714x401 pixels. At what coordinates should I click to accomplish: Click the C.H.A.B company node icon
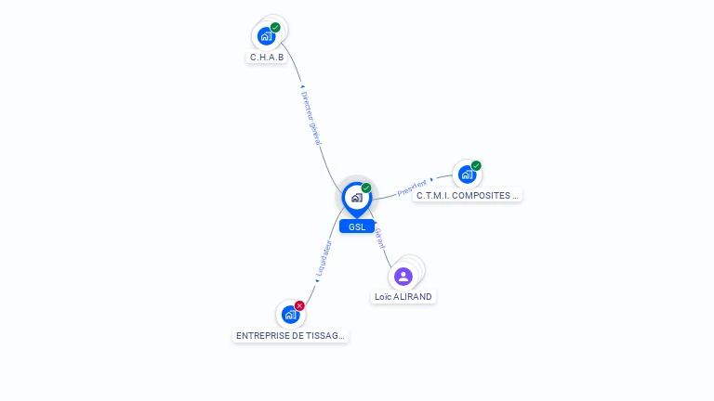click(x=266, y=37)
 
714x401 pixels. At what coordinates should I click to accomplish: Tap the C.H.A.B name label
click(x=267, y=58)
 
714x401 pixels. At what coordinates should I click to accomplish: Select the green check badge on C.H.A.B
click(x=275, y=28)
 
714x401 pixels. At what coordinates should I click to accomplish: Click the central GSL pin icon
click(x=356, y=198)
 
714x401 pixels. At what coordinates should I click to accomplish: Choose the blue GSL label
click(x=357, y=226)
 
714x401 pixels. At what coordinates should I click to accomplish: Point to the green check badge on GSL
click(x=366, y=188)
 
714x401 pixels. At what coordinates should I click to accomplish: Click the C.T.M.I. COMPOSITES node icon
click(x=466, y=174)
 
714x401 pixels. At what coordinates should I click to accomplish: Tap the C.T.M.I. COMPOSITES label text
click(x=468, y=196)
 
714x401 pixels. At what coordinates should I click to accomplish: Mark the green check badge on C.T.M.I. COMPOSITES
click(x=476, y=166)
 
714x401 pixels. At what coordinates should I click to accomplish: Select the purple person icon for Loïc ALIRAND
click(x=403, y=277)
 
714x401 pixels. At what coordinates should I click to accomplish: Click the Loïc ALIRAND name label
click(x=403, y=297)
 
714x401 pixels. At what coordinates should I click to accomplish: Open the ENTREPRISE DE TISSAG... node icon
click(x=290, y=315)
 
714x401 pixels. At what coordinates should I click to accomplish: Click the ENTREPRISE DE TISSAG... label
click(x=291, y=336)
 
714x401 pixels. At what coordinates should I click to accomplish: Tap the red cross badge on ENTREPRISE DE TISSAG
click(x=299, y=305)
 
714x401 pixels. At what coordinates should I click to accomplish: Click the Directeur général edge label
click(x=311, y=118)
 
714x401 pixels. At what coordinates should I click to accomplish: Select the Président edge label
click(x=412, y=188)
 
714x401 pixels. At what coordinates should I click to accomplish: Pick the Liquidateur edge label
click(x=324, y=259)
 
